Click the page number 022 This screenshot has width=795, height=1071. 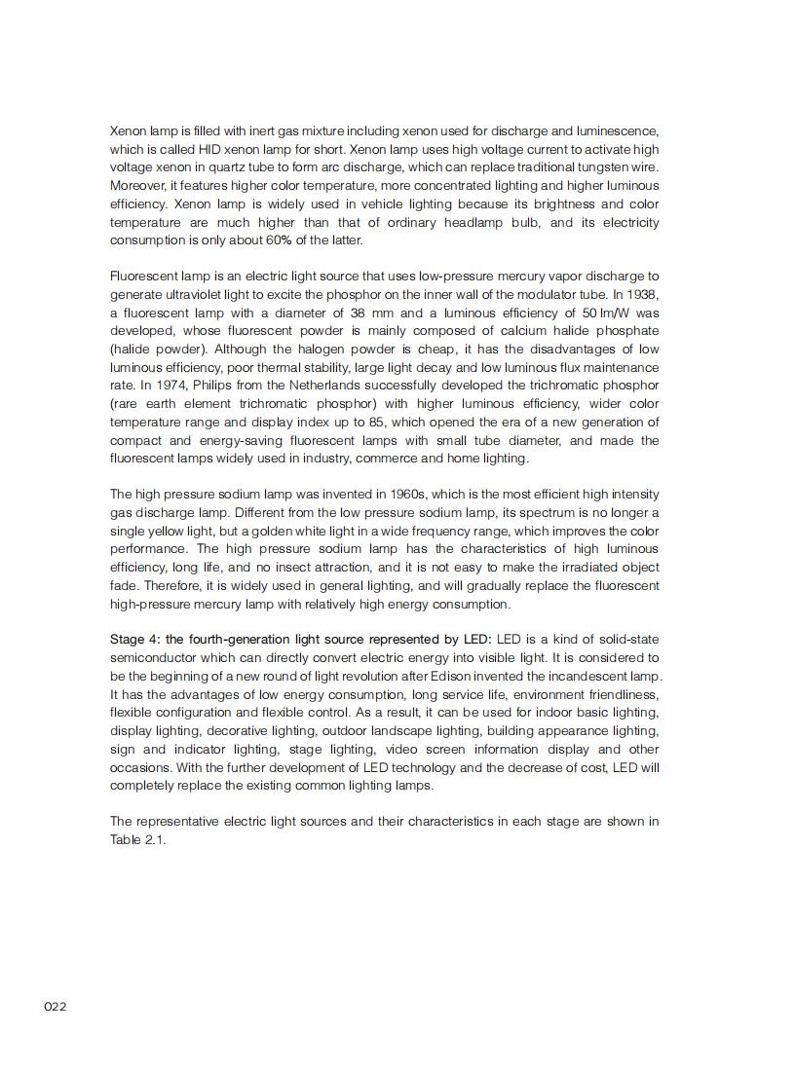[55, 1007]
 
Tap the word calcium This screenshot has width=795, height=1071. [513, 331]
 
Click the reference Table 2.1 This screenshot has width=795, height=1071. [137, 840]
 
